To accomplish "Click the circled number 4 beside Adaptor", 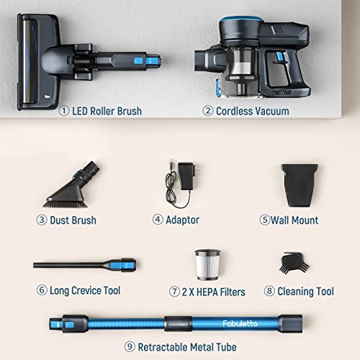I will click(157, 219).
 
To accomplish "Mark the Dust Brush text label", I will click(73, 219).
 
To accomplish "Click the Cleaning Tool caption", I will click(303, 291).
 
